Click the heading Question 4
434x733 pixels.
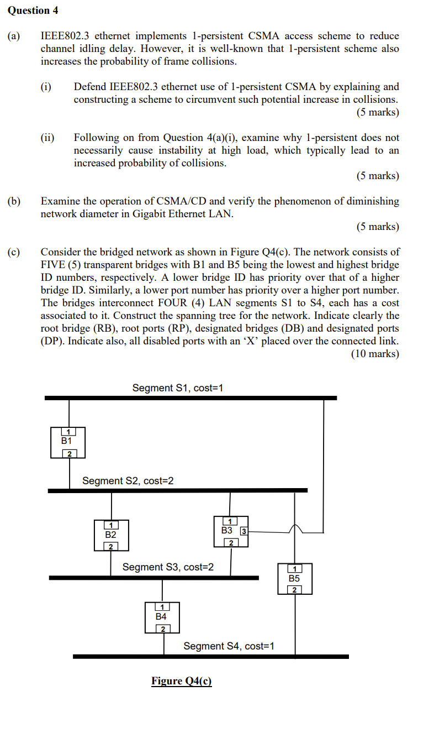tap(33, 11)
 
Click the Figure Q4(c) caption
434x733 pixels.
tap(182, 680)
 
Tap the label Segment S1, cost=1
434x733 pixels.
tap(177, 388)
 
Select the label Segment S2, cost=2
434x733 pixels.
tap(128, 481)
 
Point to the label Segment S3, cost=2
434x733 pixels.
tap(168, 567)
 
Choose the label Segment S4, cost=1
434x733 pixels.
tap(229, 646)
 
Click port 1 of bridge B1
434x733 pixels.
tap(68, 432)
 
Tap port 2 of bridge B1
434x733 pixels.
tap(69, 454)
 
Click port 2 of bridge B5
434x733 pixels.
tap(294, 590)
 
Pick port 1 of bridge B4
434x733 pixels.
tap(161, 608)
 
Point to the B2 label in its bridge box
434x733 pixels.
tap(111, 535)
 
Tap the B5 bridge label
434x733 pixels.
tap(294, 579)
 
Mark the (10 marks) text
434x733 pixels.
tap(375, 354)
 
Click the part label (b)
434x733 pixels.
tap(14, 201)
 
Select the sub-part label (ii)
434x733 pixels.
tap(47, 138)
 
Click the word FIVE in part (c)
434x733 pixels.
tap(52, 265)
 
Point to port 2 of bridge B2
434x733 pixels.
tap(110, 547)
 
